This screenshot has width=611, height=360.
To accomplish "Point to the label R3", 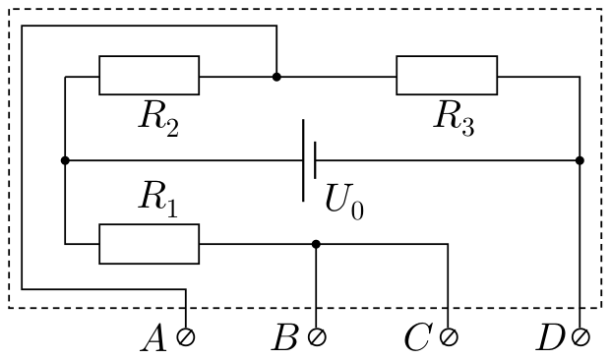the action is pos(455,119).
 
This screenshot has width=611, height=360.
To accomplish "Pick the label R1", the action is pos(158,199).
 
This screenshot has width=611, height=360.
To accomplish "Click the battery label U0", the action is pos(344,203).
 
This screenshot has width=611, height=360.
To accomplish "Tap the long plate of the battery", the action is pos(304,160).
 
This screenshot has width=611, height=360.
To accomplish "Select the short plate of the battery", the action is pos(315,160).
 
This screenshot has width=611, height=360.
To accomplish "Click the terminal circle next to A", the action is pos(186,336).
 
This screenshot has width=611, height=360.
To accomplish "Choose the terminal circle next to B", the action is pos(317,336).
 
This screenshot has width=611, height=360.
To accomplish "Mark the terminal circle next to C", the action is pos(449,336).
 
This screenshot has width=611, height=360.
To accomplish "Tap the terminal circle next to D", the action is pos(580,336).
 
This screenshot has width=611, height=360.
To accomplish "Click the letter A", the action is pos(154,337).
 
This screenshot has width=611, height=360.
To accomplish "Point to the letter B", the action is pos(285,337).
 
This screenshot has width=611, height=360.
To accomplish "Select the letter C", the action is pos(418,337).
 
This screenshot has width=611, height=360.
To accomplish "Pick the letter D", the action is pos(551,337).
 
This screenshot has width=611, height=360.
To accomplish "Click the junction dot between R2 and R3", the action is pos(276,77).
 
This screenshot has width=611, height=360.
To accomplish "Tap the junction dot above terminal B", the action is pos(316,244).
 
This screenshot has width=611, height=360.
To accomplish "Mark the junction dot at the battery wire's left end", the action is pos(65,160).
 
